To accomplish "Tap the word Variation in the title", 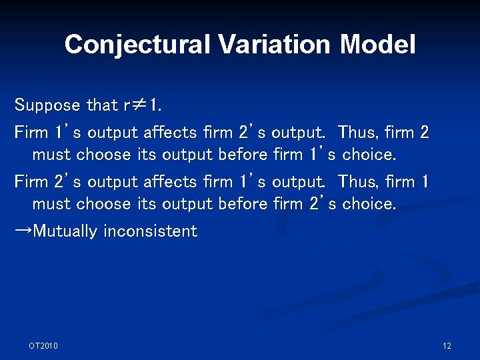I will click(x=274, y=45).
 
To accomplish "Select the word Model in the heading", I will click(x=377, y=45).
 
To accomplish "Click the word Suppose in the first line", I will click(x=48, y=105).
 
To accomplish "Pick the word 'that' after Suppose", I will click(x=101, y=105).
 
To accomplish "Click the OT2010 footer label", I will click(x=43, y=345).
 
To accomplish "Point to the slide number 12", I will click(x=447, y=345).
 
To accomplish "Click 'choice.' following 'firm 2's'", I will click(x=369, y=203).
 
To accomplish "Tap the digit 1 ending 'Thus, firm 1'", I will click(x=424, y=181).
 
